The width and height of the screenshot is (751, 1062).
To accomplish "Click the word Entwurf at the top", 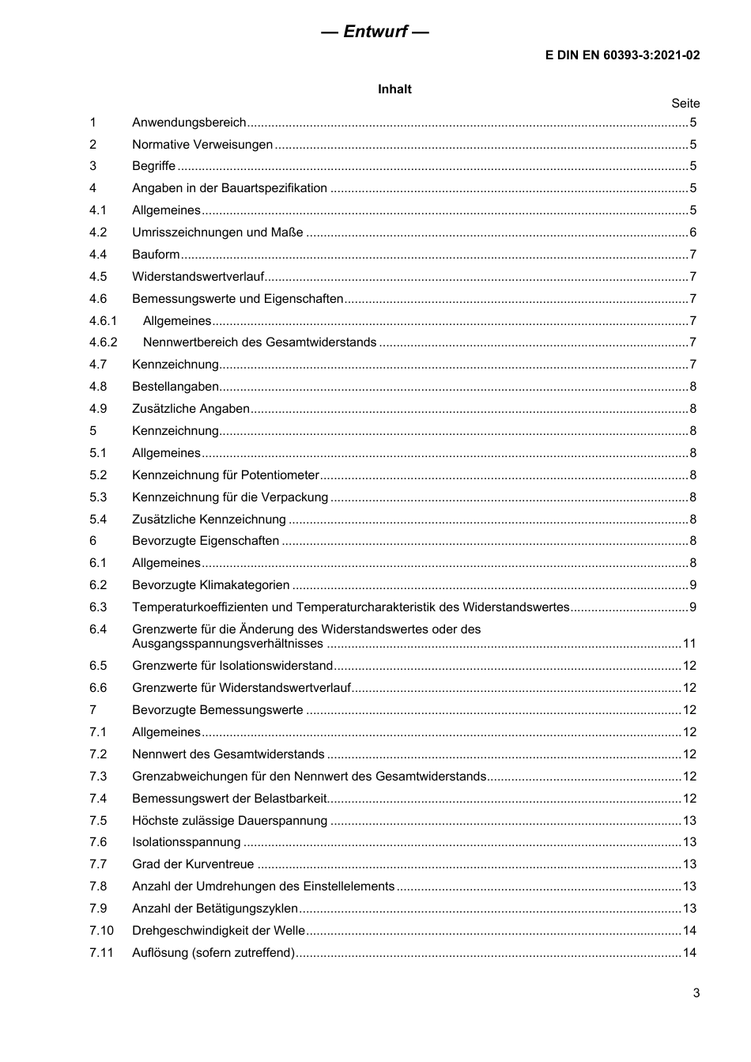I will pyautogui.click(x=375, y=32).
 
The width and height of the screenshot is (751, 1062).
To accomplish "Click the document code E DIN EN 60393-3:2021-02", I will pyautogui.click(x=622, y=55).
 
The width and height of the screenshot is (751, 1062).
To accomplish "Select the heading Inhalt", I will pyautogui.click(x=394, y=89).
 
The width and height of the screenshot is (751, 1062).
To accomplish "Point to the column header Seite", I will pyautogui.click(x=685, y=104).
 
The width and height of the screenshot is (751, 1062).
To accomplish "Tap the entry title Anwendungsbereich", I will pyautogui.click(x=189, y=123).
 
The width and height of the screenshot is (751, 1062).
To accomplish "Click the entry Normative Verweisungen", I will pyautogui.click(x=202, y=145).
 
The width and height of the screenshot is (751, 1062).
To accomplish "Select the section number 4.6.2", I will pyautogui.click(x=103, y=342).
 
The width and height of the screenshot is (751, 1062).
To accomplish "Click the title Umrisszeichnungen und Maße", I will pyautogui.click(x=217, y=232).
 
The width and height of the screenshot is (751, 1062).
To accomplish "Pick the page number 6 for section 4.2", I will pyautogui.click(x=693, y=232).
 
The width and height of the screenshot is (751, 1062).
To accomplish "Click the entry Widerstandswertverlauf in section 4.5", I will pyautogui.click(x=198, y=277).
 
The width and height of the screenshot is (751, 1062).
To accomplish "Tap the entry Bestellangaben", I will pyautogui.click(x=175, y=387).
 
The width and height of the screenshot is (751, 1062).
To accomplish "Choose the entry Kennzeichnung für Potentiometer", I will pyautogui.click(x=225, y=475).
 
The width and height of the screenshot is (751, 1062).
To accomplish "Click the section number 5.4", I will pyautogui.click(x=97, y=520).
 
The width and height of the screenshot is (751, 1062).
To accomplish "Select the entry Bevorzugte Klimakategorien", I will pyautogui.click(x=211, y=585).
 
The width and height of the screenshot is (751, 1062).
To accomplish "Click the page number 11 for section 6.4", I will pyautogui.click(x=689, y=644).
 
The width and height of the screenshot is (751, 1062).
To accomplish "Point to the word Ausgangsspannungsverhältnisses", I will pyautogui.click(x=228, y=644).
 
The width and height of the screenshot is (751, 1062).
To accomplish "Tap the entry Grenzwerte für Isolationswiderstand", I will pyautogui.click(x=232, y=666).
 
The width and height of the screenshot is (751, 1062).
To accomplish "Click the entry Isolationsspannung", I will pyautogui.click(x=186, y=842).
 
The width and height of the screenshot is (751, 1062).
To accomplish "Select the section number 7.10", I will pyautogui.click(x=101, y=931).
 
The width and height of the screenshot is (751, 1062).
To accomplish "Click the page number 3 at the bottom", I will pyautogui.click(x=696, y=993).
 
